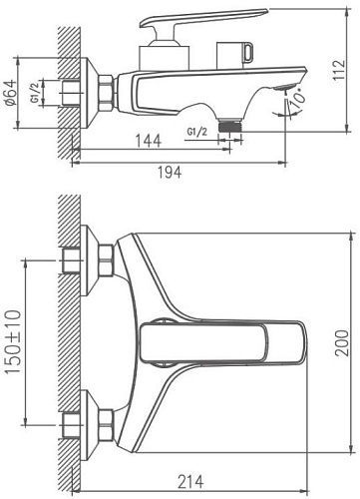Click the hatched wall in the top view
click(67, 339)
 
